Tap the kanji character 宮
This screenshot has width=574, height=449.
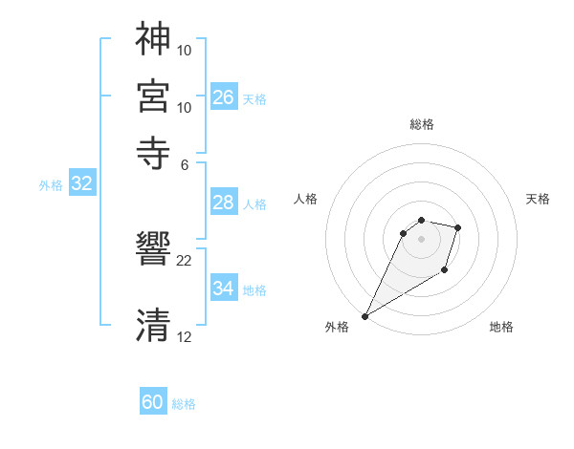point(153,96)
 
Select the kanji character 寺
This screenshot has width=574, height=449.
point(153,152)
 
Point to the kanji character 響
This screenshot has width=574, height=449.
point(153,250)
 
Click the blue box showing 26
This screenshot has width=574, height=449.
point(224,96)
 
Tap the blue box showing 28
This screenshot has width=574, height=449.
point(224,203)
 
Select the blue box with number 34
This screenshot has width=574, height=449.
point(224,288)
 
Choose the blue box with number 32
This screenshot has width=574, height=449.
point(81,184)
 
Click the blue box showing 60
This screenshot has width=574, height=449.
point(153,402)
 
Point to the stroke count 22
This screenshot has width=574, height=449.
point(185,260)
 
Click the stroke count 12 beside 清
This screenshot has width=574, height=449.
point(185,336)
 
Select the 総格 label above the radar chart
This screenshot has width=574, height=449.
point(421,124)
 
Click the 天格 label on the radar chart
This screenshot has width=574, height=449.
point(539,199)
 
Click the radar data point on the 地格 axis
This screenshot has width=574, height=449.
point(445,272)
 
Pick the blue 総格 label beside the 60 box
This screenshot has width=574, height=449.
point(184,404)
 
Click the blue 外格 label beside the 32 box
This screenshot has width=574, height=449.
point(51,185)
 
